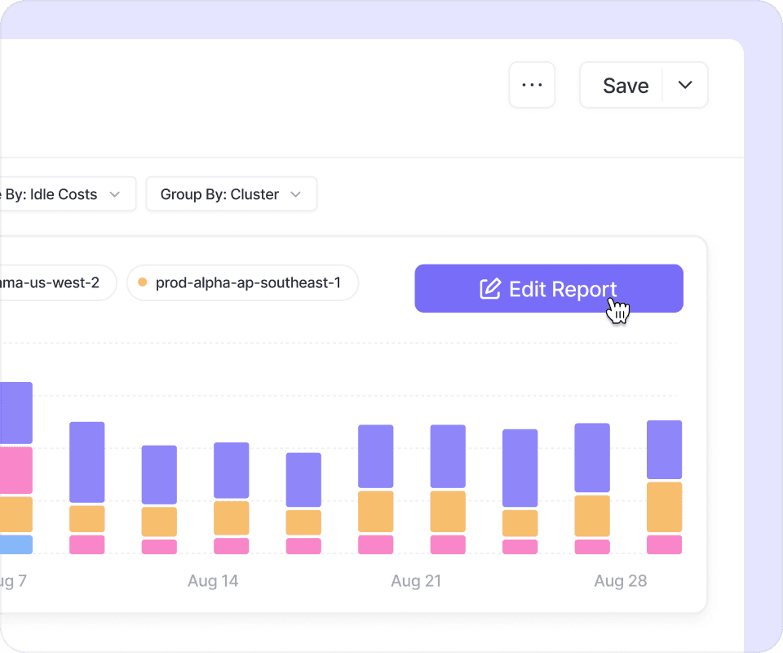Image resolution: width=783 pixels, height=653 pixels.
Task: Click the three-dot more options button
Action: click(532, 85)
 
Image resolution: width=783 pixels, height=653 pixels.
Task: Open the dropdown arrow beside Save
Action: click(685, 85)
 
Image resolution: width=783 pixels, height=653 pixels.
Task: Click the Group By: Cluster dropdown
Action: click(231, 194)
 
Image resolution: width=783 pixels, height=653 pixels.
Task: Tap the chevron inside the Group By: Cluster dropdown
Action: click(296, 194)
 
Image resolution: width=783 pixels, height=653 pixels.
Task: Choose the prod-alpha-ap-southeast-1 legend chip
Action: click(242, 283)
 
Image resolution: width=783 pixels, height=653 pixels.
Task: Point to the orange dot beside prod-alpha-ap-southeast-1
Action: click(143, 283)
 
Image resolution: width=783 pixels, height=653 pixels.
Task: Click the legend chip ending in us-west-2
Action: click(55, 283)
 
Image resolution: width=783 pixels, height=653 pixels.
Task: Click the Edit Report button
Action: click(548, 289)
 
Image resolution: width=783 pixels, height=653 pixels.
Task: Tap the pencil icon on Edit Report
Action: click(489, 289)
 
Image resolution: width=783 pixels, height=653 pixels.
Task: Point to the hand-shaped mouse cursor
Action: click(618, 310)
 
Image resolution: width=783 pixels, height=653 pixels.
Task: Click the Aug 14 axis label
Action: click(213, 581)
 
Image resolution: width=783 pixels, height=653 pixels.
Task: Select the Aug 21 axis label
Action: click(416, 581)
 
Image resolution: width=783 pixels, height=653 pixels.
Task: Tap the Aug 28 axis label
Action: click(620, 581)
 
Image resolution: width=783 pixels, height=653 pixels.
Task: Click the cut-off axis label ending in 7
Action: click(13, 581)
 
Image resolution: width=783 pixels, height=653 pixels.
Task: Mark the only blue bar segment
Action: click(16, 544)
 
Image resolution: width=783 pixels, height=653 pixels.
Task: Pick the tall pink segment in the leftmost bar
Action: click(16, 470)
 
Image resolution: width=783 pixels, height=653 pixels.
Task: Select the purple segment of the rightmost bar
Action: click(664, 449)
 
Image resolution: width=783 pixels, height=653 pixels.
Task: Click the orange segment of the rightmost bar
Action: click(664, 507)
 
